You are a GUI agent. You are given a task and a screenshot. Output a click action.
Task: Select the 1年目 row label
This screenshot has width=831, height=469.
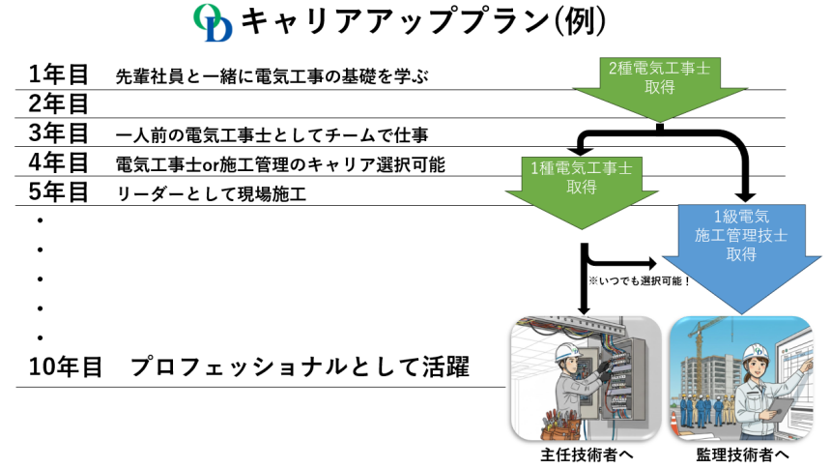(x=59, y=74)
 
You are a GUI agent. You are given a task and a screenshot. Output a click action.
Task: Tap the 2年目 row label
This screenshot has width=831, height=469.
(x=59, y=103)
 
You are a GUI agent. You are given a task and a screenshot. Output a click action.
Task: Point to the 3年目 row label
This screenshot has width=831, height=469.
(x=59, y=132)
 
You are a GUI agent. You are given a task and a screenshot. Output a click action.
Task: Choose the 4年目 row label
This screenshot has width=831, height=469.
(x=59, y=161)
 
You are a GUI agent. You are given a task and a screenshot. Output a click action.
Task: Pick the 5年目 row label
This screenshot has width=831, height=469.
(x=59, y=191)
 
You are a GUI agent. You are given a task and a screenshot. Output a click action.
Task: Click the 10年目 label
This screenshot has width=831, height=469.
(x=66, y=368)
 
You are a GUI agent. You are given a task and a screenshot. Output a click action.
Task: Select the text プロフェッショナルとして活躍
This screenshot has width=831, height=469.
(x=300, y=368)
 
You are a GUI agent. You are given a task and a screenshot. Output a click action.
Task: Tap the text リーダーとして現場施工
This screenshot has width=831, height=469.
(x=211, y=193)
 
